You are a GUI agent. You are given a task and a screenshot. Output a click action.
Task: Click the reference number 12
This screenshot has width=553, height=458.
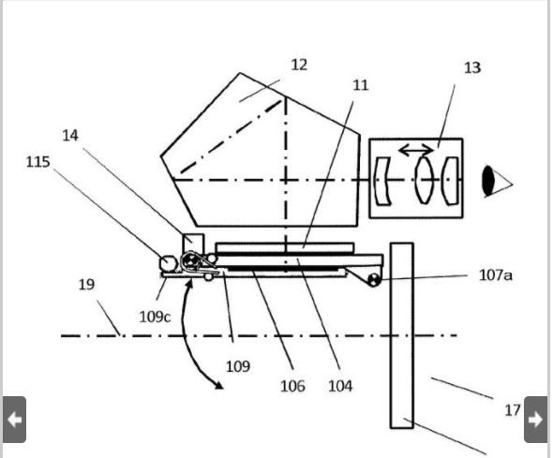click(x=299, y=65)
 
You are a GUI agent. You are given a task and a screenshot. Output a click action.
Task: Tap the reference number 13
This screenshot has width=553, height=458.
click(x=472, y=67)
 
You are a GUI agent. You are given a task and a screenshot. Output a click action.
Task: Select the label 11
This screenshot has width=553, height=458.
click(x=361, y=85)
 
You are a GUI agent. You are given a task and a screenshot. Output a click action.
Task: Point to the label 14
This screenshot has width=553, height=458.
click(x=70, y=136)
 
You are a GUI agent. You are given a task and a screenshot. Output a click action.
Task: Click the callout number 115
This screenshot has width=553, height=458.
click(x=38, y=162)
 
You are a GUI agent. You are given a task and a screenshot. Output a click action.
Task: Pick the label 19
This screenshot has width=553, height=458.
click(x=87, y=285)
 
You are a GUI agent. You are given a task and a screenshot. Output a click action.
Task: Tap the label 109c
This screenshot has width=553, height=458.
click(x=155, y=317)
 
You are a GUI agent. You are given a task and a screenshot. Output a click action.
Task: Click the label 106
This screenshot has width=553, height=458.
click(x=292, y=386)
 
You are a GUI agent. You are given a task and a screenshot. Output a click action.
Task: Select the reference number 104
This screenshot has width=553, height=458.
click(x=340, y=386)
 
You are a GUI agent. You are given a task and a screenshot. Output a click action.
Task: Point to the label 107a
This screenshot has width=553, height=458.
click(x=496, y=275)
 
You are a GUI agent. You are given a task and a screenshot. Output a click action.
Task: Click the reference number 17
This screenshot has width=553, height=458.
click(x=513, y=410)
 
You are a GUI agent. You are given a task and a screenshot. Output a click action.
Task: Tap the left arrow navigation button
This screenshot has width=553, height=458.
click(x=14, y=420)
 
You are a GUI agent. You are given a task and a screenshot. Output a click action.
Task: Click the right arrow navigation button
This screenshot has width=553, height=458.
click(x=536, y=420)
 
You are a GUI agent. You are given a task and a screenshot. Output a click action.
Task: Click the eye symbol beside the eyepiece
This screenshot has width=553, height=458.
click(x=497, y=181)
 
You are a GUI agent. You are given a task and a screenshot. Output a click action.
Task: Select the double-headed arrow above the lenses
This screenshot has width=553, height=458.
click(x=416, y=150)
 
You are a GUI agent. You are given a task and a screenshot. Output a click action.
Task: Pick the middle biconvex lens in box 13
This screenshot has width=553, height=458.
click(x=424, y=180)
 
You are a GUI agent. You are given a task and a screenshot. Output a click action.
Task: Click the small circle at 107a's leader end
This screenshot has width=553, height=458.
click(x=374, y=280)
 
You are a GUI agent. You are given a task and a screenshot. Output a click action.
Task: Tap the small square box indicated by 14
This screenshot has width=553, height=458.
click(x=193, y=244)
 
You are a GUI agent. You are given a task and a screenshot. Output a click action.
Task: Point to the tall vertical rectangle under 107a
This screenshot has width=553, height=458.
click(x=402, y=335)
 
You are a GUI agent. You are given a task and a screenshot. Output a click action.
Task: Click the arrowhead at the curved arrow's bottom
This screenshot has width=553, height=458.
click(x=219, y=386)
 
